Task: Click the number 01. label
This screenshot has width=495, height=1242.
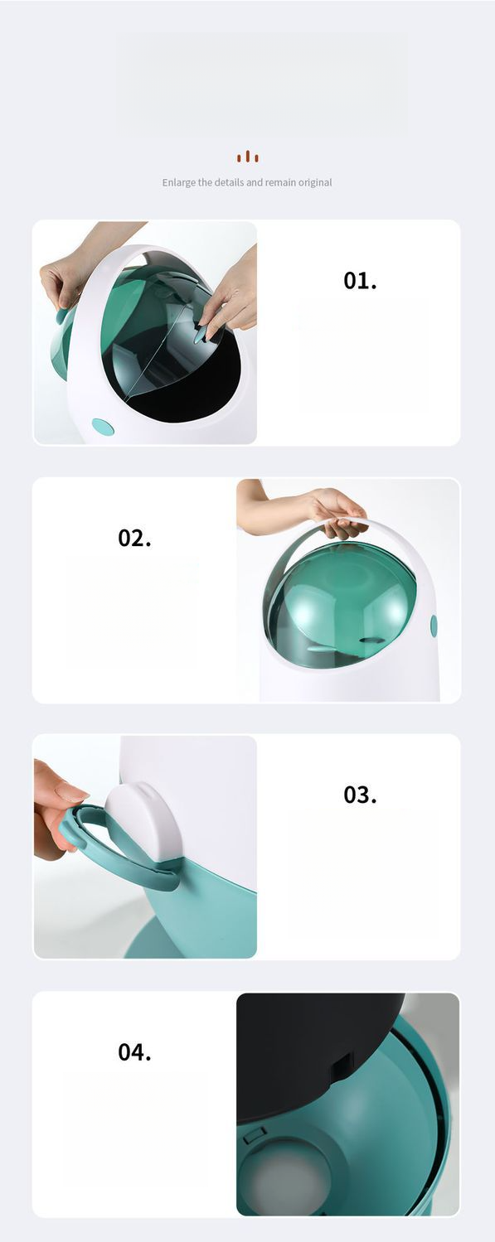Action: point(360,281)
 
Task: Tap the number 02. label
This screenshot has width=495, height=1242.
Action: point(134,538)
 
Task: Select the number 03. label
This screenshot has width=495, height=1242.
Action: point(360,795)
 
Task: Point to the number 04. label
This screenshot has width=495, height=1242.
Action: point(134,1051)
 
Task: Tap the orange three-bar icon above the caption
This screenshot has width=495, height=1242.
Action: point(247,157)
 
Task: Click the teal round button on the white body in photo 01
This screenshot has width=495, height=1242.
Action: point(103,427)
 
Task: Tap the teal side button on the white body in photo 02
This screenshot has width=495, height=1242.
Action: point(434,626)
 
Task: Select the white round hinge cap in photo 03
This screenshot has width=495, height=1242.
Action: point(142,821)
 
